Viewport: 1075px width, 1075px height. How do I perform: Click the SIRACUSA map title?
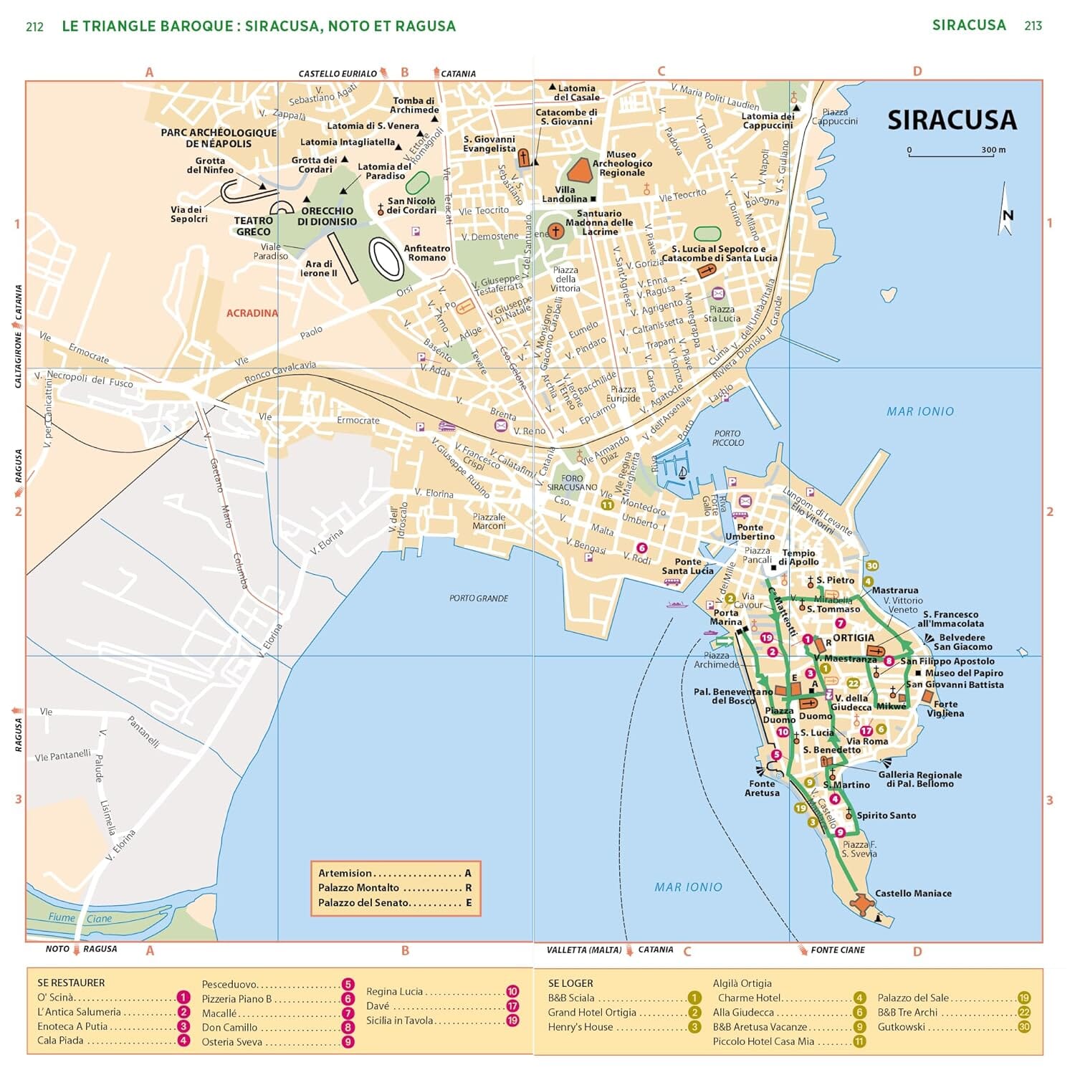click(951, 120)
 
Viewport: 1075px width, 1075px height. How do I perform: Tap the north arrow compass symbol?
click(1006, 211)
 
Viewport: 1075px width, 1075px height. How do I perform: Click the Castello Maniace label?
click(913, 893)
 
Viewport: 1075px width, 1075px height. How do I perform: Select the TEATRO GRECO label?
click(253, 226)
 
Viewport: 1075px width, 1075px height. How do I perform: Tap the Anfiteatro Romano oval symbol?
click(386, 259)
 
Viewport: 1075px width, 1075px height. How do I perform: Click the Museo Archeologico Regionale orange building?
click(579, 170)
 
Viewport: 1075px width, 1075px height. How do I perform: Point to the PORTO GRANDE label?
click(478, 598)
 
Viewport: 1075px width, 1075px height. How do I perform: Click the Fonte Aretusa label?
click(762, 788)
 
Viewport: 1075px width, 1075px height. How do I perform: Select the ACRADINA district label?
click(252, 313)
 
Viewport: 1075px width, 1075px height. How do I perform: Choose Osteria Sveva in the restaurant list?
click(232, 1041)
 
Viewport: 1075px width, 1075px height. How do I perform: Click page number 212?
click(34, 27)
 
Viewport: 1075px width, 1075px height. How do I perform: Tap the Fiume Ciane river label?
click(80, 918)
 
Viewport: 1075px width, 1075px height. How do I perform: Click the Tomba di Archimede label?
click(414, 105)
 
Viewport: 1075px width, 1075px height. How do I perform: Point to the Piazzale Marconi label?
click(489, 521)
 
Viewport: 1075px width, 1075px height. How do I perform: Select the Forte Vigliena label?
click(945, 709)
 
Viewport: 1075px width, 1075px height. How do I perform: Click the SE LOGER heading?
click(570, 983)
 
